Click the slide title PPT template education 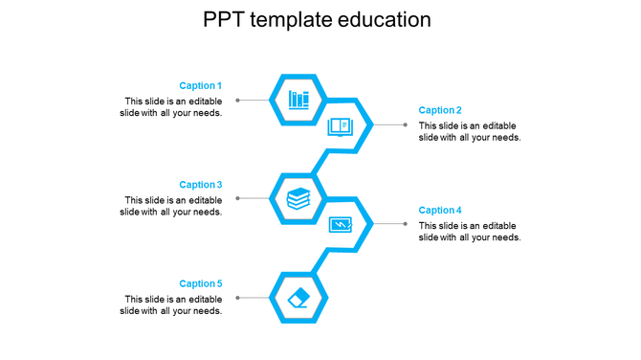pos(317,20)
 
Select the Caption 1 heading pos(200,86)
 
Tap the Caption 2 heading pos(440,111)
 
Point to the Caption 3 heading pos(200,185)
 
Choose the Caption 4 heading pos(440,211)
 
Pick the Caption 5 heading pos(200,284)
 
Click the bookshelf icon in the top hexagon pos(298,100)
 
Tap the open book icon pos(341,125)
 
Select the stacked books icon pos(298,199)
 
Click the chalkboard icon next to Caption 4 pos(341,225)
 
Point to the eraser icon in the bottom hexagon pos(298,298)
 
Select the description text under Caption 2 pos(470,132)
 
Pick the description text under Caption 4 pos(470,232)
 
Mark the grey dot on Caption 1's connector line pos(238,100)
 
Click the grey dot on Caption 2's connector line pos(406,124)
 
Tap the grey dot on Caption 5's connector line pos(238,298)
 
